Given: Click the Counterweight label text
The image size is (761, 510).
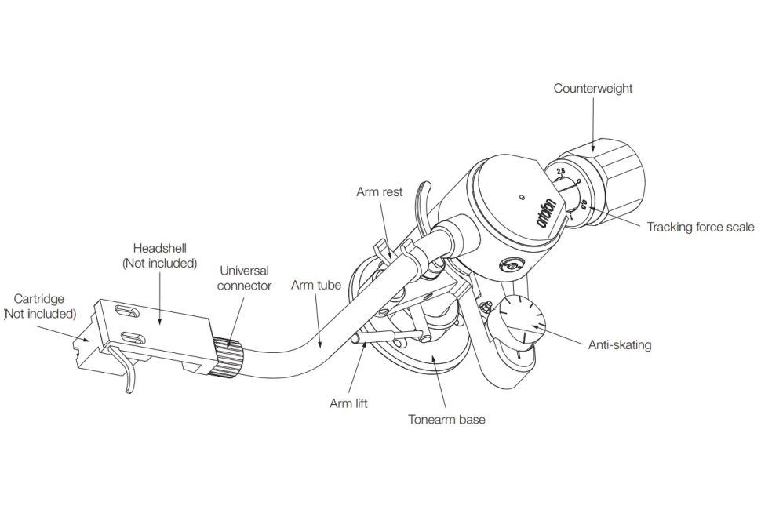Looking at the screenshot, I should tap(592, 89).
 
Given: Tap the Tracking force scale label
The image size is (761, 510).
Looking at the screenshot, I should tap(700, 228).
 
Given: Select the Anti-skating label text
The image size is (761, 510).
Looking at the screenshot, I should tap(620, 344).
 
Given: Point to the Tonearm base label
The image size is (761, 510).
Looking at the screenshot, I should tap(446, 419).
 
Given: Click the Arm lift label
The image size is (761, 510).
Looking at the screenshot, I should tap(348, 404).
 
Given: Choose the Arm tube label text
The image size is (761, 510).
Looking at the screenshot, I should tap(316, 285).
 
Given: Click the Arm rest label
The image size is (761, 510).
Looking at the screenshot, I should tap(379, 191).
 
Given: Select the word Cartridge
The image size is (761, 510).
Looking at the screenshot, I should tap(39, 299).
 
